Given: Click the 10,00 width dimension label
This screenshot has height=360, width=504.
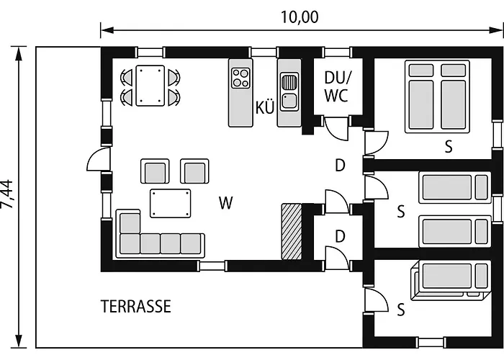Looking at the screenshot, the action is coord(300,17).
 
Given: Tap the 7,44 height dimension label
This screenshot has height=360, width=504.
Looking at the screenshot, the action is coord(7,194).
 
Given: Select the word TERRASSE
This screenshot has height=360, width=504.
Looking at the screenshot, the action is coord(136,307).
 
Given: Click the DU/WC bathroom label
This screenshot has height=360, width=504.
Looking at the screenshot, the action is coord(337,86).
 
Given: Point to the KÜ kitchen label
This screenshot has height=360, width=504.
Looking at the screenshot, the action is coord(265,107).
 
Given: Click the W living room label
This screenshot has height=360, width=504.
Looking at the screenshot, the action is coord(225,202).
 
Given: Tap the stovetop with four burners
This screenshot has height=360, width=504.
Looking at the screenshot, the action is coord(240,78).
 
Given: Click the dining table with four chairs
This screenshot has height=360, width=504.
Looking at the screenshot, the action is coord(150,86).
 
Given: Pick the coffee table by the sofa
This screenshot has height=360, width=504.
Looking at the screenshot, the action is coord(171,203).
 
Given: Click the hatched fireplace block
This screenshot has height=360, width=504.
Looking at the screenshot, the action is coord(292,231).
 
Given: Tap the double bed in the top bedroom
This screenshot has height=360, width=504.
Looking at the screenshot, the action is coord(437,96).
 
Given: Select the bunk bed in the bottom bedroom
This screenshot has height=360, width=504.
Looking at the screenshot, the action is coord(451,280).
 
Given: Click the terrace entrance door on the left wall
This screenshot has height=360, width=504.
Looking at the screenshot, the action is coord(99,159).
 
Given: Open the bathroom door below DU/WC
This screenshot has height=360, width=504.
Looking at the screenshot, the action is coord(336,129).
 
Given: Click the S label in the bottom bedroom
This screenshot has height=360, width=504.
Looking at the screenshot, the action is coord(401,310).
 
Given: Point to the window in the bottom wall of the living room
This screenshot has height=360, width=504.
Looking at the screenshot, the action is coord(211,266).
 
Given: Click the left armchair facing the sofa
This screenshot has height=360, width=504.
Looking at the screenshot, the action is coord(155,171).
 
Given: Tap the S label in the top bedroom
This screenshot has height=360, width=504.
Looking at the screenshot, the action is coord(449,147).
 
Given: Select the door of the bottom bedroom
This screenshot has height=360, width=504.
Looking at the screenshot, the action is coord(377,300).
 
